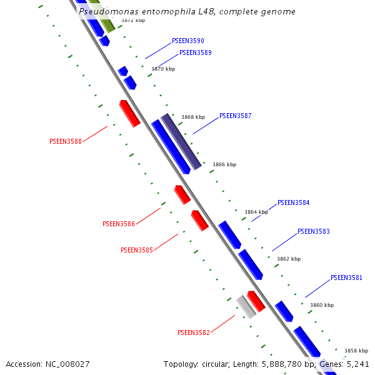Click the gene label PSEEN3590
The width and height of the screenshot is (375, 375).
187,41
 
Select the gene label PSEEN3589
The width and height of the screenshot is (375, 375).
195,53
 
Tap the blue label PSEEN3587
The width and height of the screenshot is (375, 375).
235,116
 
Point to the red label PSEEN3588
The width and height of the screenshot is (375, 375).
66,142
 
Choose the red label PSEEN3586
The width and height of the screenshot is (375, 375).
119,224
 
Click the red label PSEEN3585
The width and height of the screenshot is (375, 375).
137,251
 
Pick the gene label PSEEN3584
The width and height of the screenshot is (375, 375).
293,203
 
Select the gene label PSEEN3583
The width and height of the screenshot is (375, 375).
313,232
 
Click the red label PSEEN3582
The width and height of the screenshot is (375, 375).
194,333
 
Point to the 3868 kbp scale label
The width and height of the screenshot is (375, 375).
193,117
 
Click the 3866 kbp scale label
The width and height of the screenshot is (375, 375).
224,165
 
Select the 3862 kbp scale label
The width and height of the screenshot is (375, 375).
289,259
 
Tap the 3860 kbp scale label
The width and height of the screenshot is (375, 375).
322,306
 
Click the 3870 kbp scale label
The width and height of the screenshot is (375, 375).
163,69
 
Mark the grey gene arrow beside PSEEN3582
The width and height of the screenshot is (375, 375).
246,307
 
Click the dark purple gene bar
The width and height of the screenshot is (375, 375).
181,142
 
